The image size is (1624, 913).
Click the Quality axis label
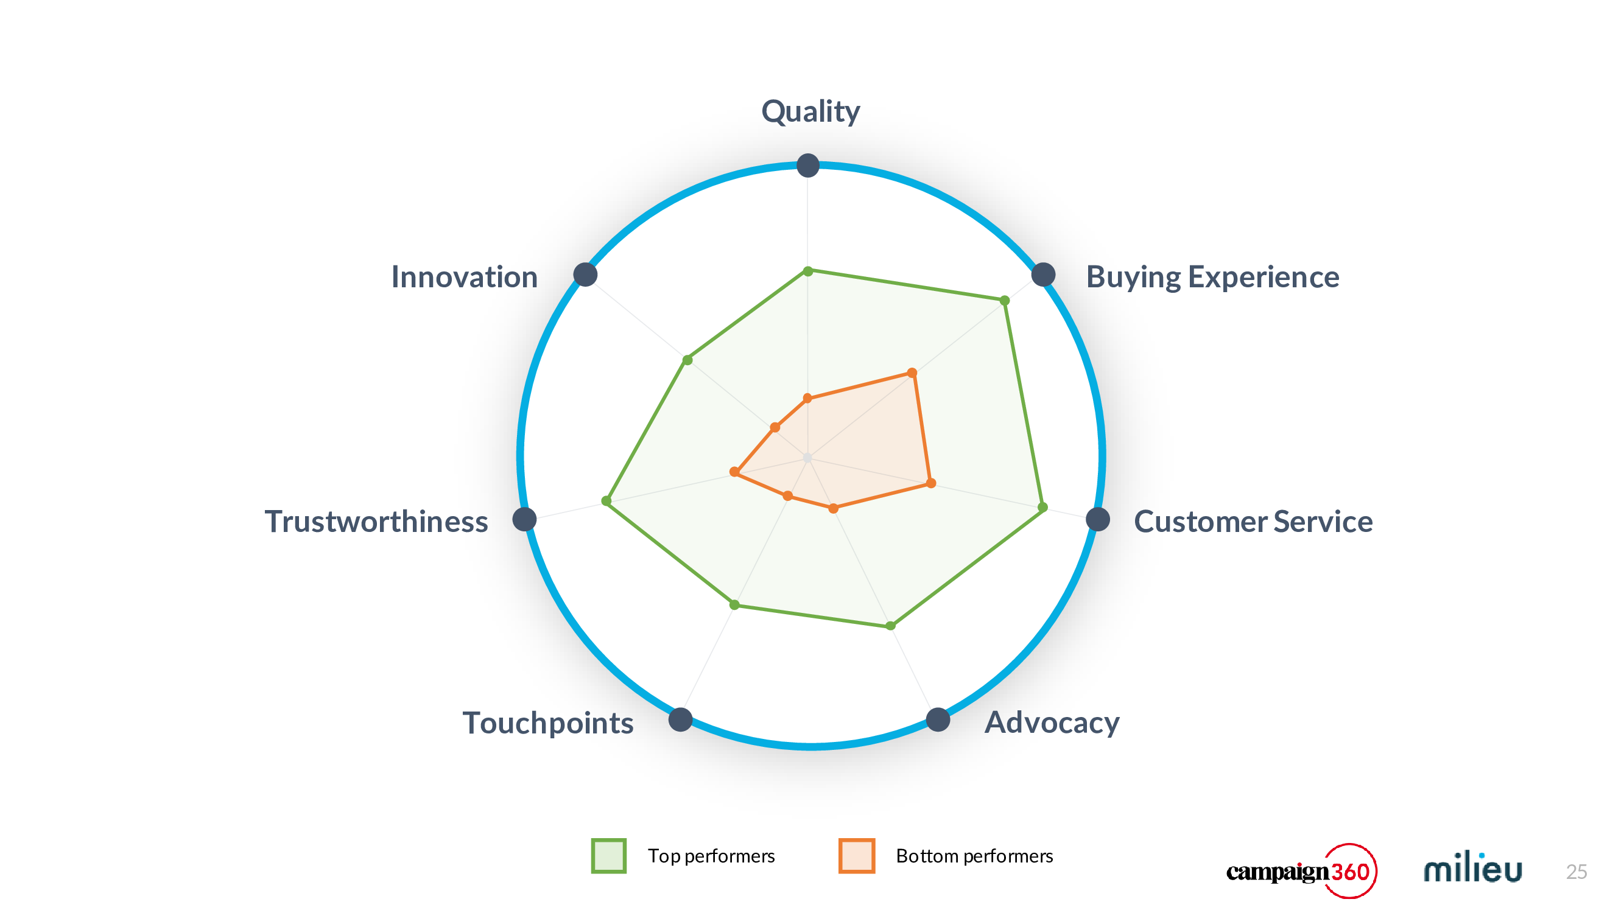pos(810,112)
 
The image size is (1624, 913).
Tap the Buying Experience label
pos(1212,277)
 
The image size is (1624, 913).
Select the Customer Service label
pos(1253,521)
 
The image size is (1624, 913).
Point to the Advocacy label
pos(1052,722)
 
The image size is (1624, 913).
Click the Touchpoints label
pos(548,722)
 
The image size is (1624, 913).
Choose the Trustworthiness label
pos(376,521)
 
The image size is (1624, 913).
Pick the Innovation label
pos(464,277)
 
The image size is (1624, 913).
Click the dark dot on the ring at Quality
pos(807,166)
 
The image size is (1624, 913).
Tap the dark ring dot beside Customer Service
pos(1098,519)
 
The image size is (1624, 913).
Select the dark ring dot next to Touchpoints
pos(680,719)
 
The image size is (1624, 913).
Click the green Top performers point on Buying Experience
pos(1005,301)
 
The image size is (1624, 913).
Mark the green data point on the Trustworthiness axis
pos(606,501)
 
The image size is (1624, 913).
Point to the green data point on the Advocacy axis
pos(890,626)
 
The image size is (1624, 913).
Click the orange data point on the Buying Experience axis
pos(912,373)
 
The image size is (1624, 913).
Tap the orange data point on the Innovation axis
pos(775,428)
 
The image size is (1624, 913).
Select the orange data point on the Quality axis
pos(807,398)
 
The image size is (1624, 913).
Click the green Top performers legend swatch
pos(608,856)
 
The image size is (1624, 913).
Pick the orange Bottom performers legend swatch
pos(857,856)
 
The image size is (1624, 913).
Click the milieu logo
pos(1473,867)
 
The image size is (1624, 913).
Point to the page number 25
pos(1576,872)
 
